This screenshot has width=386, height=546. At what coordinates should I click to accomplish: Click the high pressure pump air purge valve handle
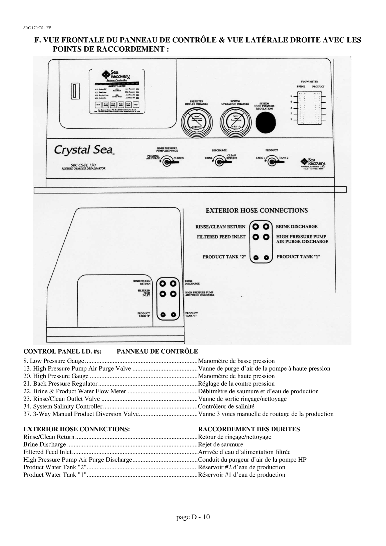170,162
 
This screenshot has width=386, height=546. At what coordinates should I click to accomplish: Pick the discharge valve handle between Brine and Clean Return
221,162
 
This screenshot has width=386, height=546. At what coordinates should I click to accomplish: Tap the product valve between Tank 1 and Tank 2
272,162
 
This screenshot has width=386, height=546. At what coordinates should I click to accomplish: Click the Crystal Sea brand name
84,150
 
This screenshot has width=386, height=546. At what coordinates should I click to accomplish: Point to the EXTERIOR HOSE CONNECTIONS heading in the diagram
257,210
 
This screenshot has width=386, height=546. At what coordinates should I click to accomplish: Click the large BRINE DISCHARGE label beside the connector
297,226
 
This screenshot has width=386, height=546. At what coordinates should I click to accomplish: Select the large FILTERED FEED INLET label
221,237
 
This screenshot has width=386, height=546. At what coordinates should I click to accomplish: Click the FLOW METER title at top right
309,81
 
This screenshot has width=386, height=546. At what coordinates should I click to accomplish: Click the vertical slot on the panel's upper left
74,91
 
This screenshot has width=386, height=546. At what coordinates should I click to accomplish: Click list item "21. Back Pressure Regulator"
60,384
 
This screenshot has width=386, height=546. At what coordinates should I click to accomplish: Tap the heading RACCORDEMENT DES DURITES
249,429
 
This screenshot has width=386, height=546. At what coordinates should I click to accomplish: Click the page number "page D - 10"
193,517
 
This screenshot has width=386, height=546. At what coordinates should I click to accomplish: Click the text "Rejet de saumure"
221,444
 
